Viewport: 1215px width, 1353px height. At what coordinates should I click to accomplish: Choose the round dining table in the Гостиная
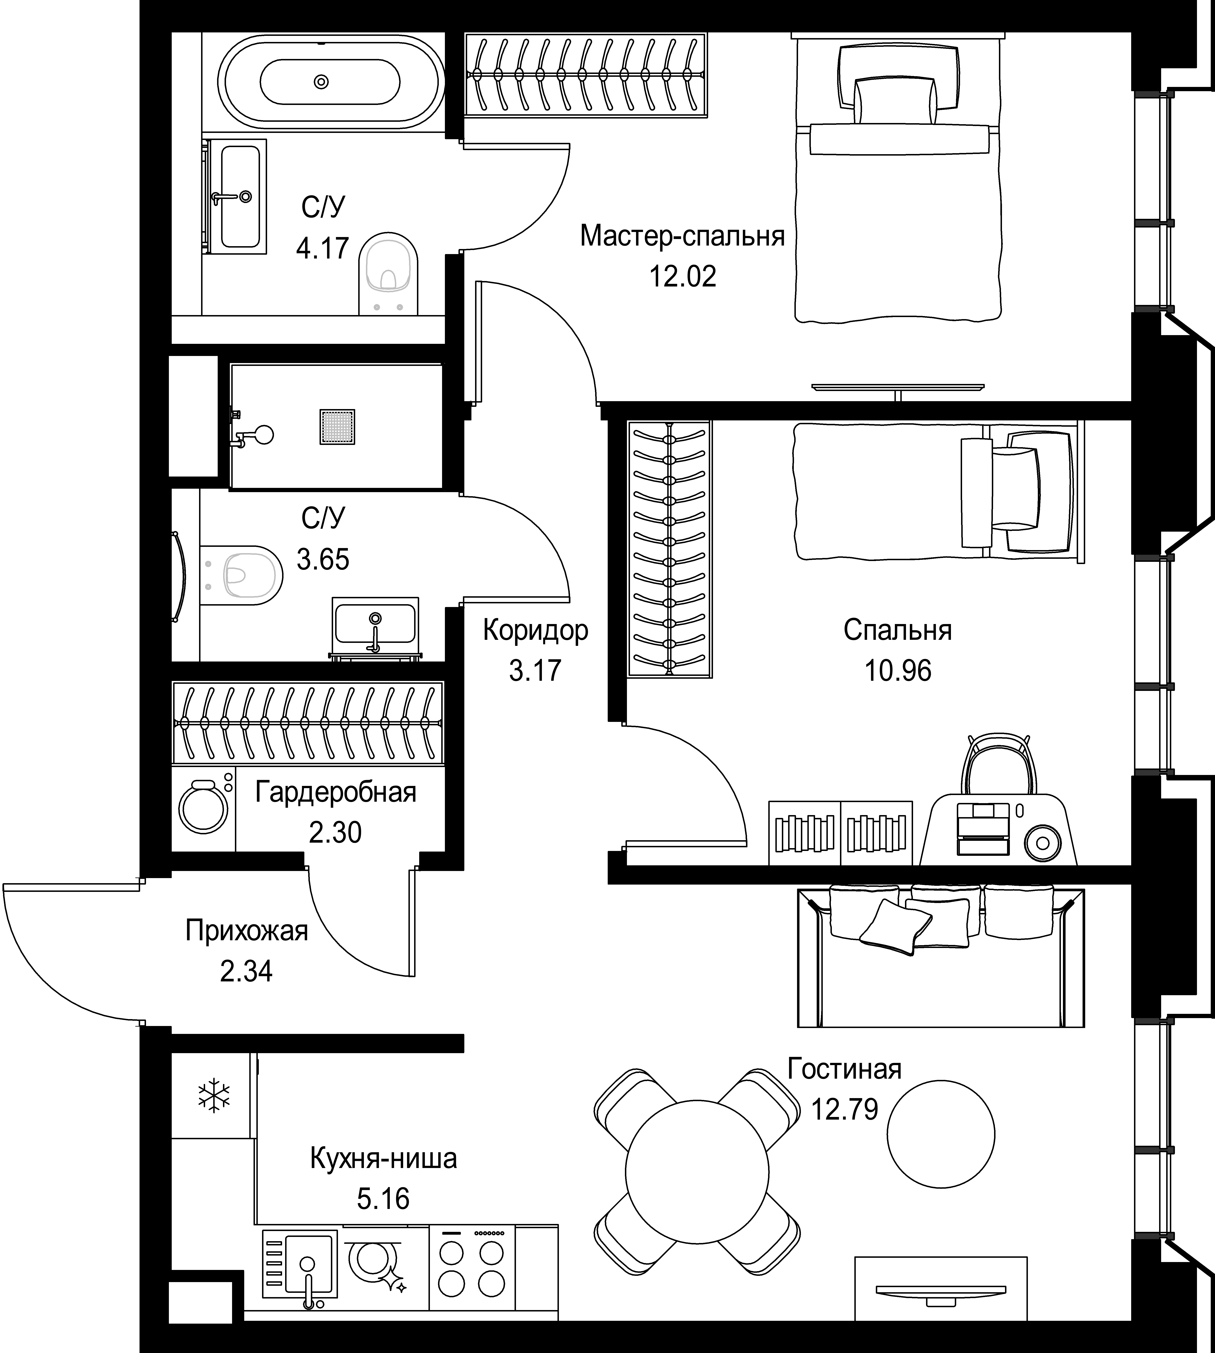[696, 1173]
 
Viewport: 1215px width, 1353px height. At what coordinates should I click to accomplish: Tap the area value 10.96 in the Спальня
[898, 670]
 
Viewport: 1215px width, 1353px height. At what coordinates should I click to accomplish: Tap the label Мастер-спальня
[682, 236]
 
